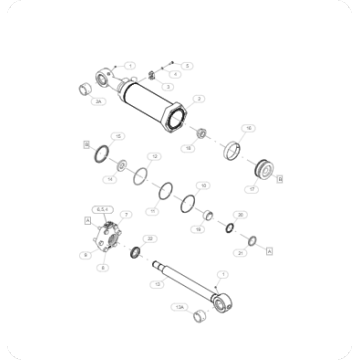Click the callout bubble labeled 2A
97,102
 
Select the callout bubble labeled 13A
180,307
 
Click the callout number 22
149,239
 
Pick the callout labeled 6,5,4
98,208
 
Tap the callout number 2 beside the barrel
200,98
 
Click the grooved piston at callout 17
266,167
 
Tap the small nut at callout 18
201,132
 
